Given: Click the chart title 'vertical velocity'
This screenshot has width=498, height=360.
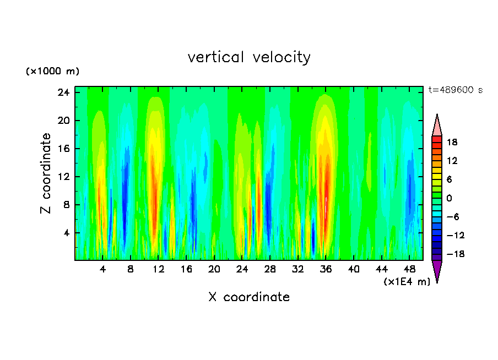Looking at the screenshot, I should pos(249,57).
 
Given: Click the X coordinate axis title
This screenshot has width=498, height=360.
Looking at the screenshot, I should pos(249,297).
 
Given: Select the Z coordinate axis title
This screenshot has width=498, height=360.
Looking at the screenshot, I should pos(46,173).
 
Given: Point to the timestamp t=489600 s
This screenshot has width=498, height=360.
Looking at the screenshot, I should pos(455,90).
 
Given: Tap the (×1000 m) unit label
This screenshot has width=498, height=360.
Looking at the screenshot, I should pos(52,72).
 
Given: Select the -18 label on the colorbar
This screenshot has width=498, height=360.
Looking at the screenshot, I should pos(451,254).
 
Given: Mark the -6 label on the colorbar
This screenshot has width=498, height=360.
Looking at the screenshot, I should pos(452,217).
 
